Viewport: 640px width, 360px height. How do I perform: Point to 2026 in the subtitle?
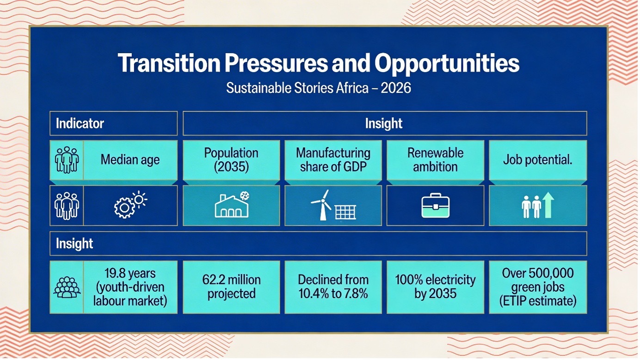[396, 88]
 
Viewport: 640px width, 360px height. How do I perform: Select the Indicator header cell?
[113, 123]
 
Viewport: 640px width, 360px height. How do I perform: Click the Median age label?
[130, 160]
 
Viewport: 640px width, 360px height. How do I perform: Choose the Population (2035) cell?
[232, 160]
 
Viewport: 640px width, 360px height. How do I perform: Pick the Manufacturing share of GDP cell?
[333, 160]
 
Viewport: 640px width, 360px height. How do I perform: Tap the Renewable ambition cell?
[435, 160]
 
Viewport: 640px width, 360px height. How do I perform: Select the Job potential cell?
[538, 160]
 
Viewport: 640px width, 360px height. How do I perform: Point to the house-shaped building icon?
[232, 206]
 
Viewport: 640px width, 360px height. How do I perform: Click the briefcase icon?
[435, 206]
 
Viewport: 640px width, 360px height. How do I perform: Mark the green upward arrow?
[548, 206]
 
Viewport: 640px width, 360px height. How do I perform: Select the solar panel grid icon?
[345, 212]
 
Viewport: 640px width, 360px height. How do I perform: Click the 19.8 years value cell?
[130, 287]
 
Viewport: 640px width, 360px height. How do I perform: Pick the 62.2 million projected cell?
[232, 287]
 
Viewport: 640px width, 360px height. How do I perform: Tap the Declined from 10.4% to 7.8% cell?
[333, 287]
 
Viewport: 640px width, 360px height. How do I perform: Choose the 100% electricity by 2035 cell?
[435, 287]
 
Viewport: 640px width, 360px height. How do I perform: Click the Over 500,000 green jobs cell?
[538, 287]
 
